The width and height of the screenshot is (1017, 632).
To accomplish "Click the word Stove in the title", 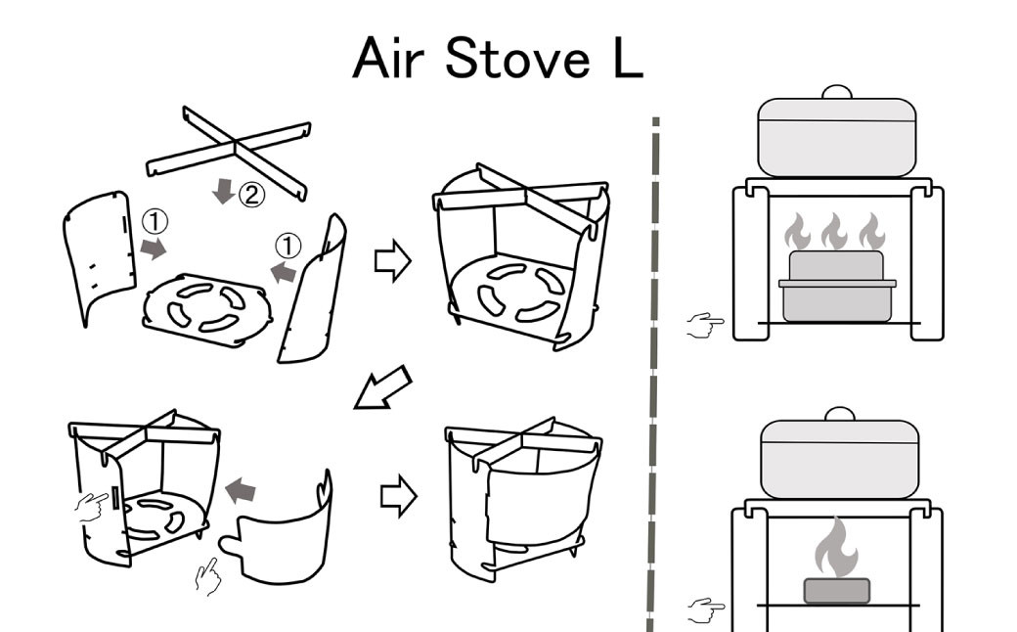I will [507, 60].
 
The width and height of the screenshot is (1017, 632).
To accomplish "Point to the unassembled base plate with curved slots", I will [204, 310].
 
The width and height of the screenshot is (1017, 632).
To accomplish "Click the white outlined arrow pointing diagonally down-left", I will [380, 387].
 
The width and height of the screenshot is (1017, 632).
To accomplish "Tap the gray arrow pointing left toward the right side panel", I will [283, 272].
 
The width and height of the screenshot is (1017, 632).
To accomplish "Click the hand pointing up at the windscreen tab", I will [207, 575].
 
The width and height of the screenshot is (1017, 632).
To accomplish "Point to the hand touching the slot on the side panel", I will [94, 505].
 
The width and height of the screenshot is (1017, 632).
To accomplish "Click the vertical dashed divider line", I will [653, 372].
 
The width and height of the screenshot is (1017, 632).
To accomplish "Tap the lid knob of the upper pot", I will [836, 92].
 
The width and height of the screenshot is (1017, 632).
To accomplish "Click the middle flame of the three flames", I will [834, 232].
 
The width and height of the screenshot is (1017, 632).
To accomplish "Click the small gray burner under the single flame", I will [836, 590].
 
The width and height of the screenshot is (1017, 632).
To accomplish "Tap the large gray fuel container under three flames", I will [836, 289].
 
